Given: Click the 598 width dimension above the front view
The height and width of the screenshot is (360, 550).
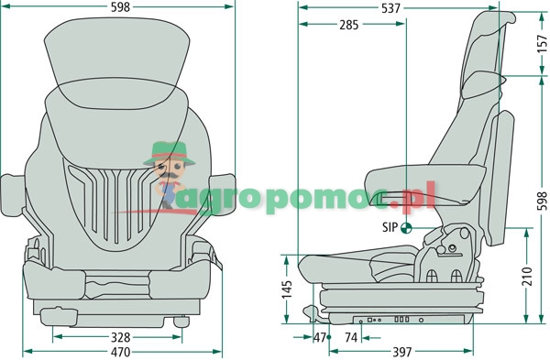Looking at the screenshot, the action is click(x=120, y=7).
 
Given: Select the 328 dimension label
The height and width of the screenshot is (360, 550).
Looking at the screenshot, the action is click(x=120, y=337).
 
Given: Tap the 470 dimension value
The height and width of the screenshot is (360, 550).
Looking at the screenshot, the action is click(x=120, y=352).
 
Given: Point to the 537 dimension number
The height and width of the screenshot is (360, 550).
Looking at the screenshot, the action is click(x=390, y=8).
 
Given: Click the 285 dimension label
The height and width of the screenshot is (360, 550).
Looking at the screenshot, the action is click(x=349, y=25).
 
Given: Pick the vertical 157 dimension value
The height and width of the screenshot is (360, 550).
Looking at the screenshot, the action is click(x=543, y=43).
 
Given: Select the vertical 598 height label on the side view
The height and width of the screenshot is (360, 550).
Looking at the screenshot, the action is click(x=543, y=201).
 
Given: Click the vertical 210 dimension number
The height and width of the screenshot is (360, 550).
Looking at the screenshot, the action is click(x=527, y=277).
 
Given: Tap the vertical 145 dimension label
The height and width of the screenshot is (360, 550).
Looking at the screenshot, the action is click(x=287, y=289).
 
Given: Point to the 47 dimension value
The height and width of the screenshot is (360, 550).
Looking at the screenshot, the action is click(x=320, y=338).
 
